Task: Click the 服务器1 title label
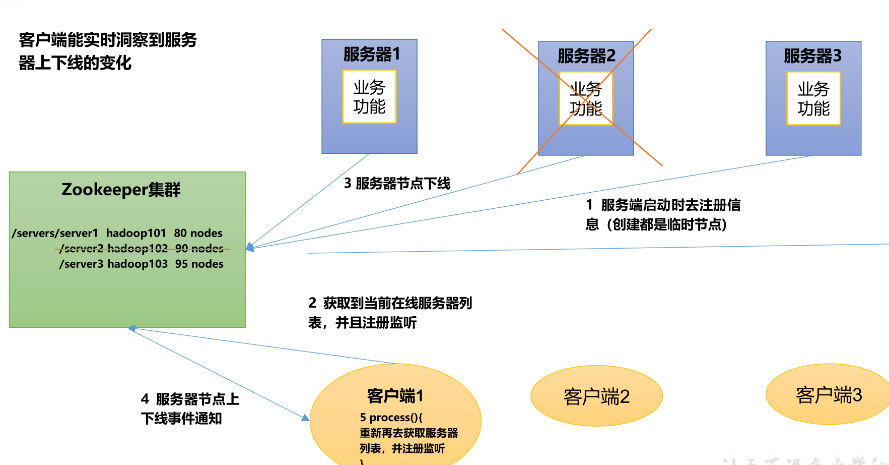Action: (x=371, y=54)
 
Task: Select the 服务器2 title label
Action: (x=586, y=55)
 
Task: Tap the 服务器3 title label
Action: (x=812, y=55)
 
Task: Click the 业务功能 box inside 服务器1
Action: (x=369, y=97)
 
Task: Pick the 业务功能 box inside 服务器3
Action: (x=813, y=99)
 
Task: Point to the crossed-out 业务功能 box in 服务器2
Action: (x=586, y=99)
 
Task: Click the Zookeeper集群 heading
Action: (x=121, y=190)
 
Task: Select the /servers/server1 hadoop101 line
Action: (x=117, y=233)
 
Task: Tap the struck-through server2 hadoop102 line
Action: (x=142, y=249)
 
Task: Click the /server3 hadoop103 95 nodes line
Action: (x=142, y=264)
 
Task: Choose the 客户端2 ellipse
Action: (x=596, y=396)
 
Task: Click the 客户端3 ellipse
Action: (x=829, y=395)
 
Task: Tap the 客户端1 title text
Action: (x=395, y=396)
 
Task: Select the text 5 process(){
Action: (x=391, y=418)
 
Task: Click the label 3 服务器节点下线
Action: (x=397, y=183)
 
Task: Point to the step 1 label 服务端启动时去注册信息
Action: (x=663, y=214)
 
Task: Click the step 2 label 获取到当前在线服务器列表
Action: (x=390, y=313)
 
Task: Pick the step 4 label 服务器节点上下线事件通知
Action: (x=190, y=409)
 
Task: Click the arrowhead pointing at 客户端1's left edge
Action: (x=305, y=418)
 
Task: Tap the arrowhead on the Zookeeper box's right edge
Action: (x=250, y=247)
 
